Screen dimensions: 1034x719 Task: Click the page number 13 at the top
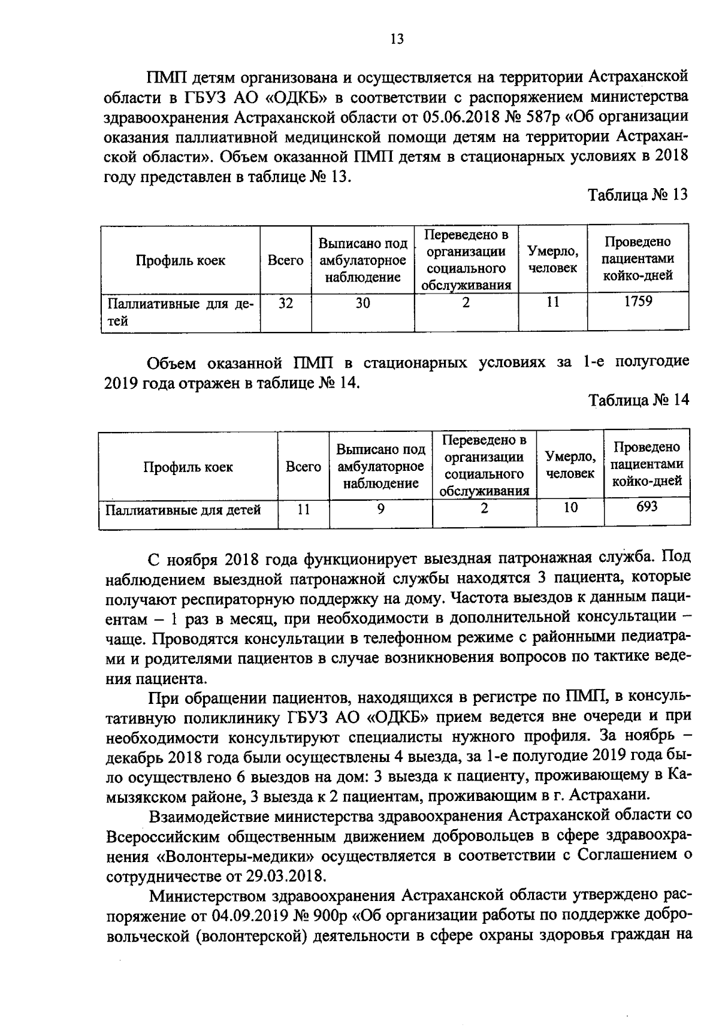point(397,40)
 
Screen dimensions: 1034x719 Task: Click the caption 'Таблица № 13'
point(638,196)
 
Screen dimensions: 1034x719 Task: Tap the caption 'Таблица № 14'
point(639,400)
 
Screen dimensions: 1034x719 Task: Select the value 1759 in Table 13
point(638,301)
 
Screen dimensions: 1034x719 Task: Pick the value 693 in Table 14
point(647,507)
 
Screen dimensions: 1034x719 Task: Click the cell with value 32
point(286,303)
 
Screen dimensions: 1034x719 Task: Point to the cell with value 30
point(362,303)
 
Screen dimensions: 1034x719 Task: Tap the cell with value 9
point(380,509)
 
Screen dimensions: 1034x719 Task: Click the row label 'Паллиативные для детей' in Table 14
point(183,510)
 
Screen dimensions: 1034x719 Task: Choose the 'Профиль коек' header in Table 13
point(180,261)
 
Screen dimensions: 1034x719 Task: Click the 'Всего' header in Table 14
point(303,467)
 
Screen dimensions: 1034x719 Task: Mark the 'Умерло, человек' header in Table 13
point(552,260)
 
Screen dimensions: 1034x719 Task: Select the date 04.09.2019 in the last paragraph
point(251,916)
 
